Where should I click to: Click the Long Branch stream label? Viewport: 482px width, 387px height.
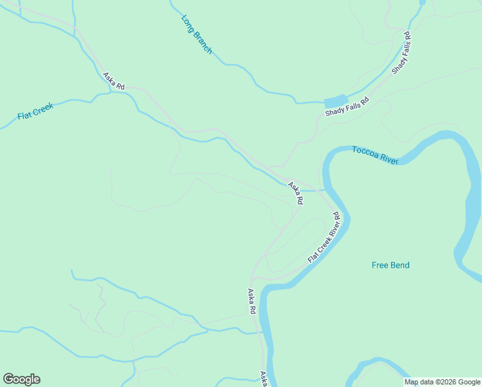pyautogui.click(x=197, y=34)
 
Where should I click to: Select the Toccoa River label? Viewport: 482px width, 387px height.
pyautogui.click(x=375, y=155)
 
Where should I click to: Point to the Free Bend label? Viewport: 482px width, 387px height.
pyautogui.click(x=390, y=265)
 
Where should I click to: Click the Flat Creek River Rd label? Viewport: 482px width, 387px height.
pyautogui.click(x=323, y=237)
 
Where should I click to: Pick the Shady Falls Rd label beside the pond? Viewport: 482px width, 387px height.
pyautogui.click(x=347, y=107)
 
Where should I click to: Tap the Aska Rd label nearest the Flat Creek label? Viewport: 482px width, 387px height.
pyautogui.click(x=113, y=81)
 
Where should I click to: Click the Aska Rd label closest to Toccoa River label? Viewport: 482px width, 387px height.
pyautogui.click(x=296, y=193)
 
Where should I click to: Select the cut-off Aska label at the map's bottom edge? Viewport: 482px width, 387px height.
pyautogui.click(x=264, y=379)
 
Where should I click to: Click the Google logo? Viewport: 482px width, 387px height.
pyautogui.click(x=21, y=379)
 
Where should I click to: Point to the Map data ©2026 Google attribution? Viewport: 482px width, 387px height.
pyautogui.click(x=443, y=382)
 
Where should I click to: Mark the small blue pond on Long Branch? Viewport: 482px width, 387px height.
pyautogui.click(x=334, y=102)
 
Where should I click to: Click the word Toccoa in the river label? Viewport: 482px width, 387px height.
pyautogui.click(x=365, y=152)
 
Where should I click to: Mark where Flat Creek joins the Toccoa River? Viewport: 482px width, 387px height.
pyautogui.click(x=323, y=191)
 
